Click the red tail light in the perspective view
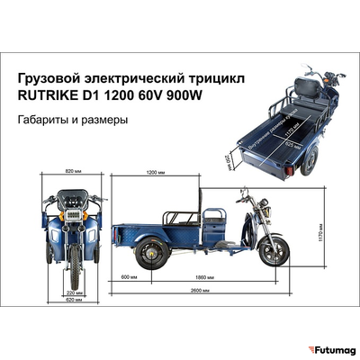(x=289, y=169)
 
